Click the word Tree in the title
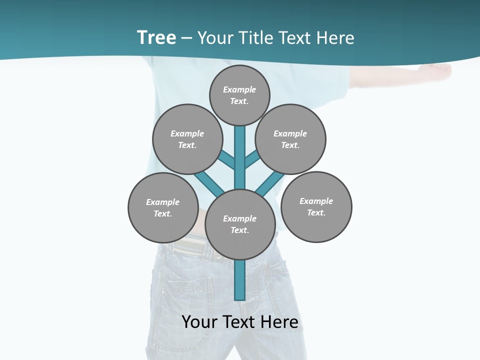click(x=156, y=38)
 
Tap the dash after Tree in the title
click(x=186, y=38)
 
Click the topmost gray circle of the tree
click(x=239, y=95)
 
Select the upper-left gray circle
click(x=187, y=139)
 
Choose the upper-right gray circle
click(x=290, y=139)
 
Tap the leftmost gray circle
click(x=163, y=207)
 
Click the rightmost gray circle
click(x=316, y=206)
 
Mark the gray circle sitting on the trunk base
click(x=240, y=224)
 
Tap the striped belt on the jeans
click(x=190, y=247)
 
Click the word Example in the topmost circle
click(x=239, y=89)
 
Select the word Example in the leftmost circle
click(x=163, y=202)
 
